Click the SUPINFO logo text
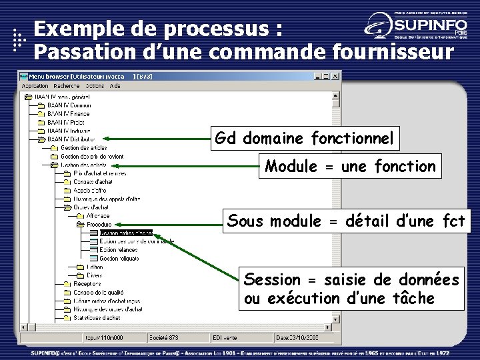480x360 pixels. pos(426,25)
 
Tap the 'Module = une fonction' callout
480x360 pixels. pos(350,166)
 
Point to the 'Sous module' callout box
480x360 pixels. pos(346,221)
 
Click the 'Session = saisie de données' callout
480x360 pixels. pos(351,289)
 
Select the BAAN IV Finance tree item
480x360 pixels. pos(68,114)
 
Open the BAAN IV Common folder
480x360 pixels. pos(69,105)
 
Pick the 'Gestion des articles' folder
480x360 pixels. pos(83,148)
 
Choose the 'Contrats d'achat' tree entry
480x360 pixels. pos(93,181)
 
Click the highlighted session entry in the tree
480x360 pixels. pos(126,233)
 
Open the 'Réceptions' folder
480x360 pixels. pos(87,283)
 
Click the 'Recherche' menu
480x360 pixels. pos(67,86)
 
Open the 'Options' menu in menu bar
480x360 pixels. pos(95,86)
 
